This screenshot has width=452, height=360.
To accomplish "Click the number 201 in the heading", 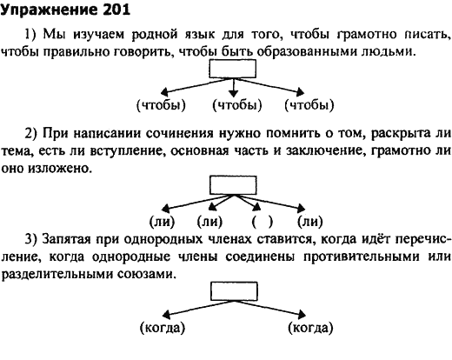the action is [116, 10].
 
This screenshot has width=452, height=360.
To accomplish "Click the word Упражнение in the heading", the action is [50, 10].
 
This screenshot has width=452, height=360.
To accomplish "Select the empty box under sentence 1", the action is [233, 69].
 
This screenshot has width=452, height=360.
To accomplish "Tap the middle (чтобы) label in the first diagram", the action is [237, 105].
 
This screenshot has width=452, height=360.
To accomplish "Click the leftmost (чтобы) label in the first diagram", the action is [161, 105].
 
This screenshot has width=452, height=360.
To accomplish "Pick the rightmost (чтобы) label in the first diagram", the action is [309, 105].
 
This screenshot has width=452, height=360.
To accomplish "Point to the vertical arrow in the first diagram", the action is [233, 88].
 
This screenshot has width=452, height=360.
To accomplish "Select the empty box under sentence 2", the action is [233, 185].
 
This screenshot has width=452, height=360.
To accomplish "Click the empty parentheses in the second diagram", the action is [263, 222].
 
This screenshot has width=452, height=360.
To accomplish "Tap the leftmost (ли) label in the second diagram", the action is [163, 222].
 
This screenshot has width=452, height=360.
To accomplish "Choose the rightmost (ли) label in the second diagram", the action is [310, 222].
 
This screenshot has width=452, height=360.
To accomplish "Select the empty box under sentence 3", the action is [234, 291].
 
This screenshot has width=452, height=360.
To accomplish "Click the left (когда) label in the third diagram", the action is [163, 328].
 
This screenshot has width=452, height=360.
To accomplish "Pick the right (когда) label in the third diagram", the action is [310, 328].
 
